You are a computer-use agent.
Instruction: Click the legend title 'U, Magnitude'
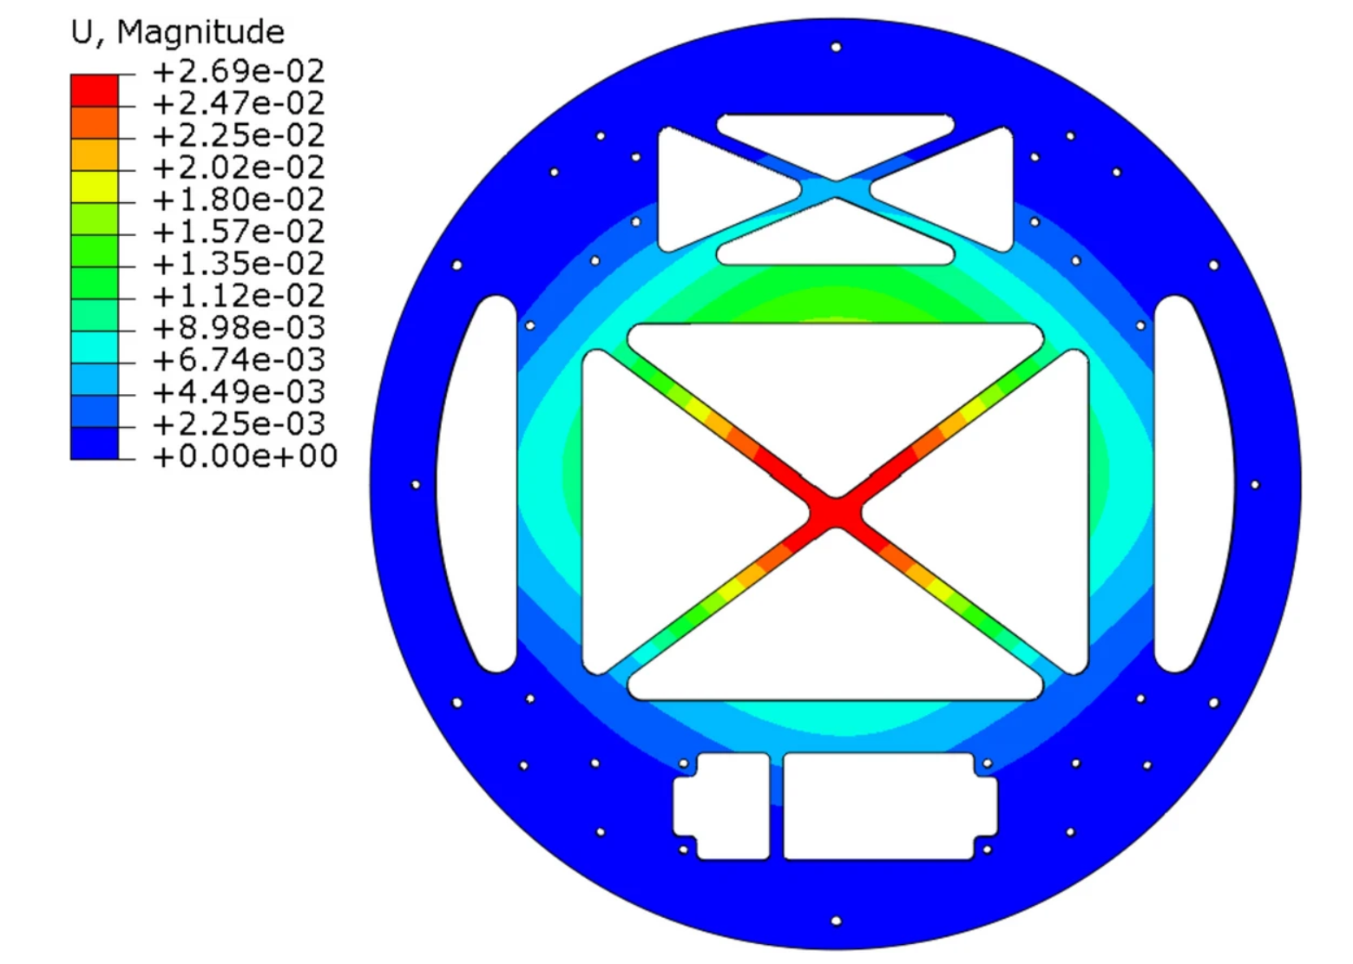pos(178,32)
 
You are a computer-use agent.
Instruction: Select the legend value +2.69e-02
pos(239,71)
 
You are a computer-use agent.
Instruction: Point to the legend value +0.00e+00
pos(245,456)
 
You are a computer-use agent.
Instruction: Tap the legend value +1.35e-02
pos(239,264)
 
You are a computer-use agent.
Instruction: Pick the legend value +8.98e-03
pos(239,327)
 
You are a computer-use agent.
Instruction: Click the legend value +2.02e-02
pos(239,167)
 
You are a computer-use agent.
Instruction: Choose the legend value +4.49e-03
pos(239,391)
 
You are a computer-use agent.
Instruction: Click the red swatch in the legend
pos(95,90)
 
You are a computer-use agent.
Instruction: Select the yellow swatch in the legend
pos(95,187)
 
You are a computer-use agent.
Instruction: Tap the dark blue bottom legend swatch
pos(95,443)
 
